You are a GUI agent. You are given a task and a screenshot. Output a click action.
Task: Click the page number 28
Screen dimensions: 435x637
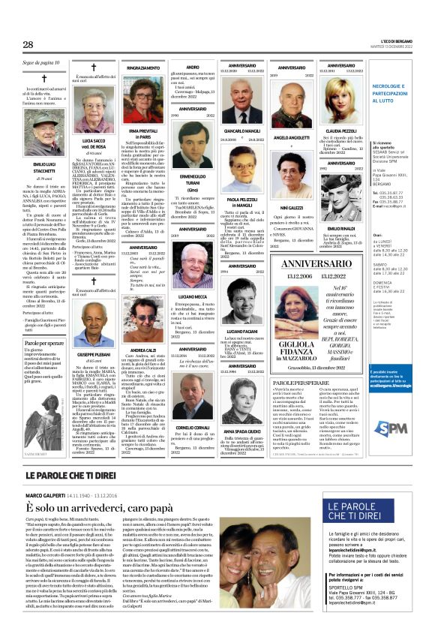point(28,45)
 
